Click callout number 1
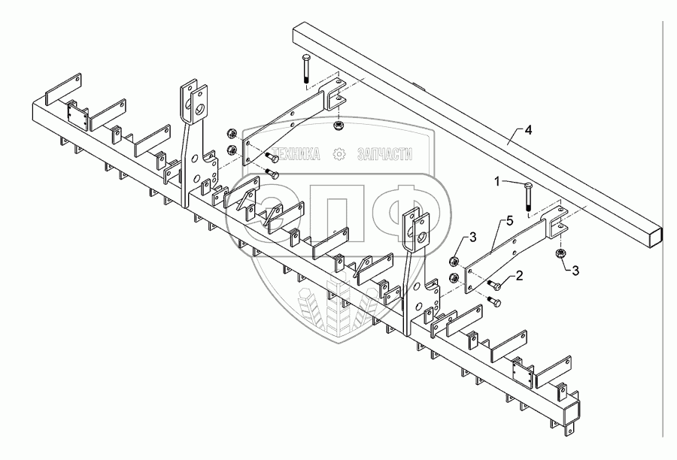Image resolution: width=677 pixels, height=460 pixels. (497, 181)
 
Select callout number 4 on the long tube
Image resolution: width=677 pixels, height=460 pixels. (529, 131)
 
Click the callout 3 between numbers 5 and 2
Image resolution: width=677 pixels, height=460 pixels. (472, 238)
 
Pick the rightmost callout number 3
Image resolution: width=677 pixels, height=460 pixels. (575, 270)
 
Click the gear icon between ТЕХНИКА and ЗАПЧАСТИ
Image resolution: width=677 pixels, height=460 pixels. (340, 154)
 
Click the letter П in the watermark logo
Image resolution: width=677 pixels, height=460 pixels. (340, 219)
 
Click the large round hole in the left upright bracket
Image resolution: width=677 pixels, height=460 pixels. (202, 112)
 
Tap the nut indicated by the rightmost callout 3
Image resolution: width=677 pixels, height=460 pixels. (560, 254)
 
